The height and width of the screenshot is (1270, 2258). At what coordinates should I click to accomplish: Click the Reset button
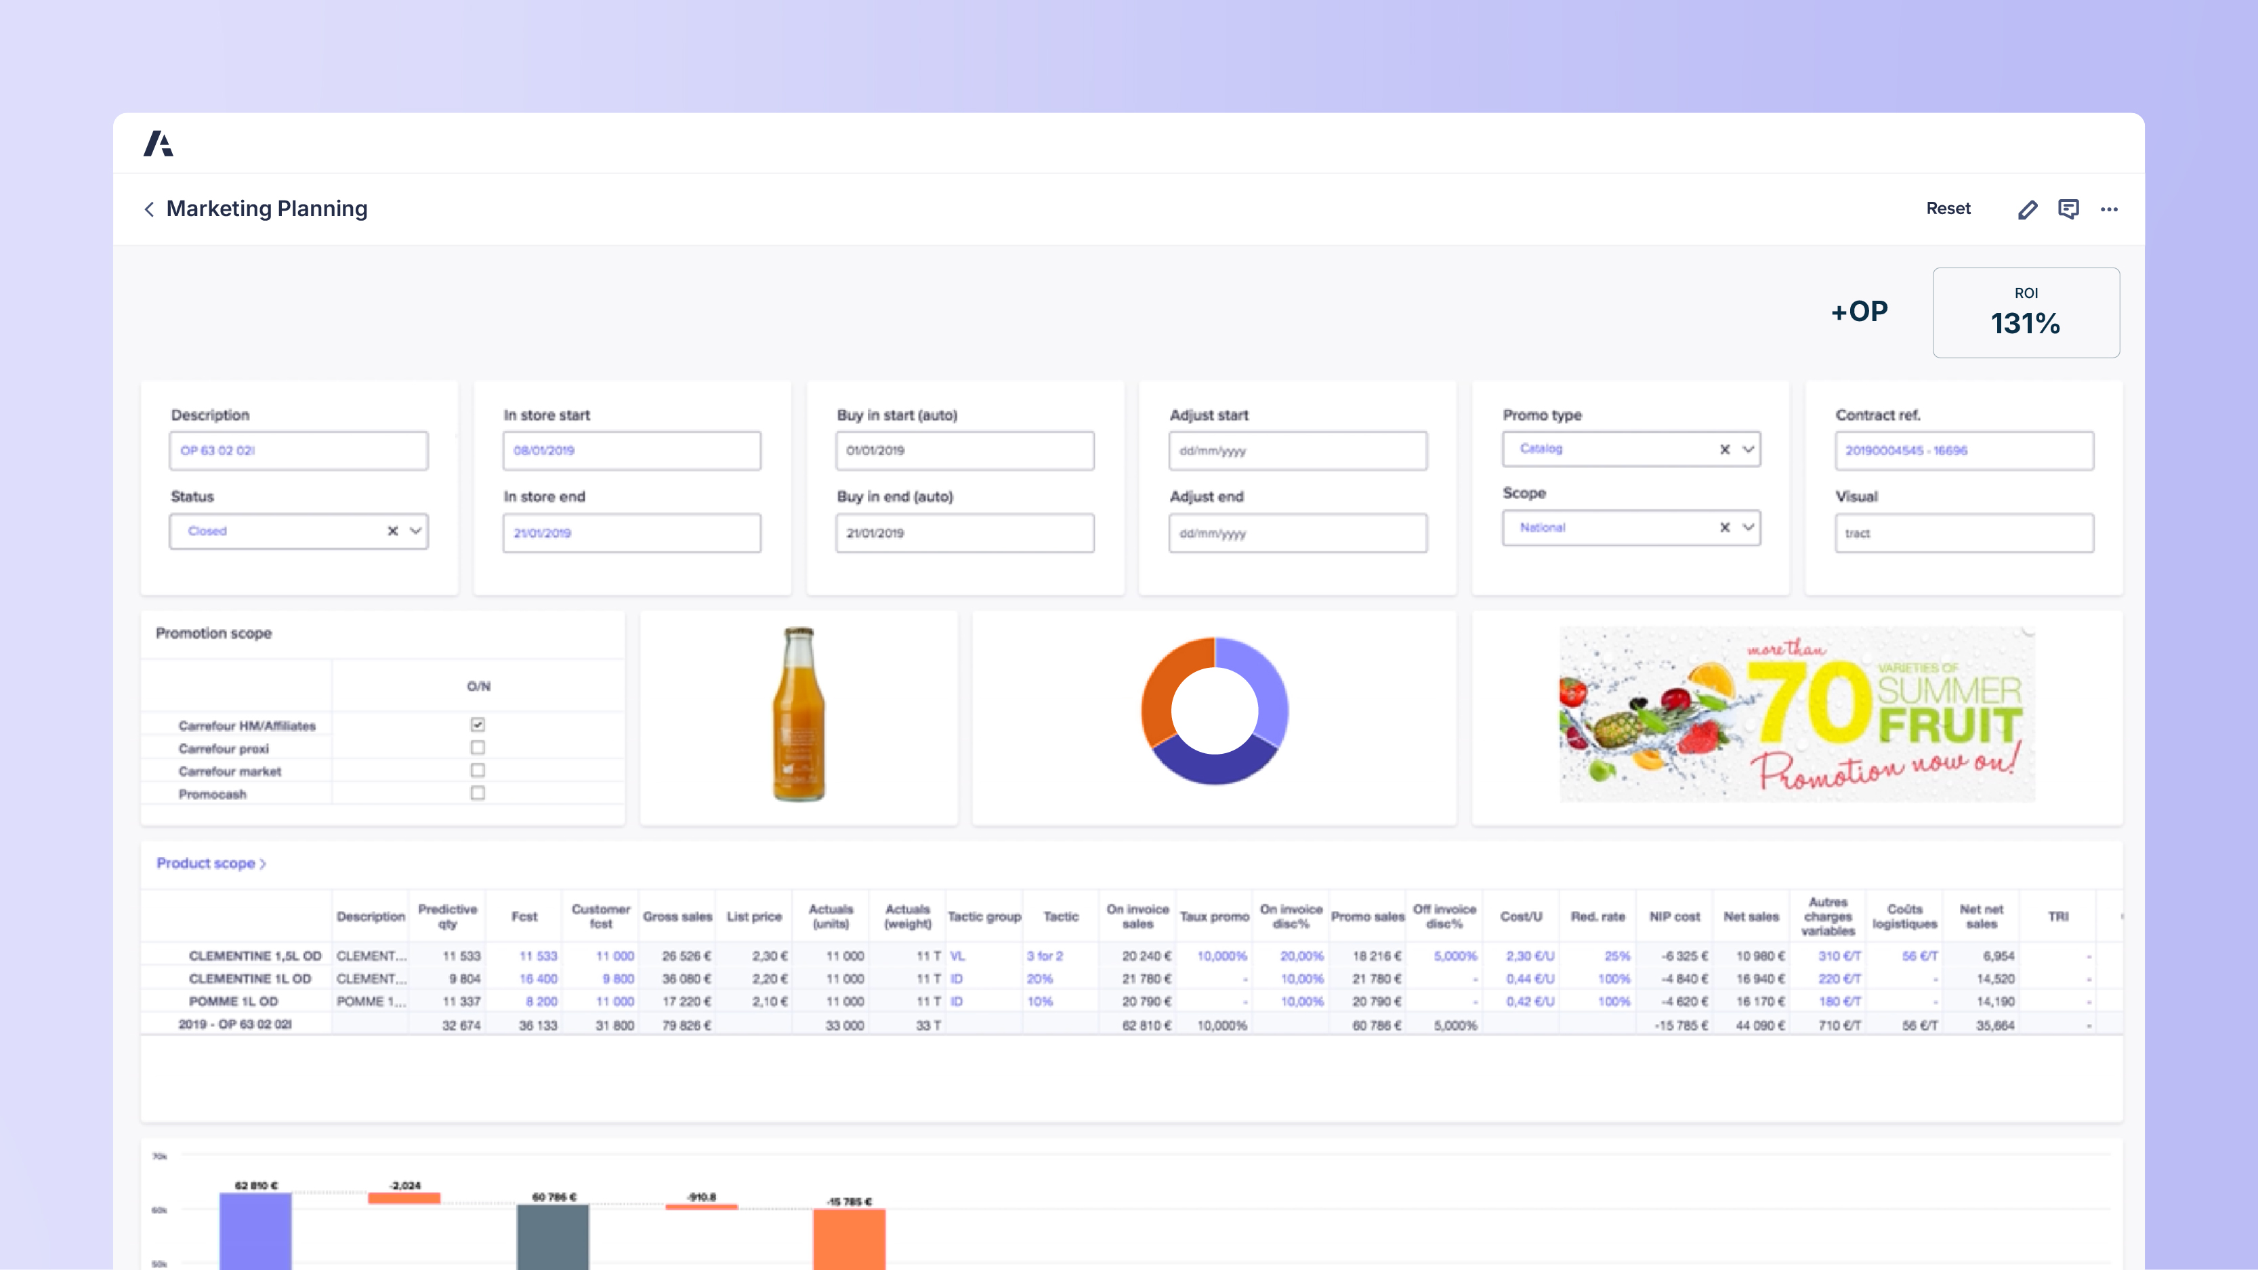click(1948, 209)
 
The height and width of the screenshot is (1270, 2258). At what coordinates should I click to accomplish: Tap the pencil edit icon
click(2026, 209)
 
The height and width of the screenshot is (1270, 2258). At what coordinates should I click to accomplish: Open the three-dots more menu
click(2109, 209)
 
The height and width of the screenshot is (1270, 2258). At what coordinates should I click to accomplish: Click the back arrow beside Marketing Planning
click(149, 209)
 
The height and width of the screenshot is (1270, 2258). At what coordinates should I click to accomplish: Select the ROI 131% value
click(2025, 323)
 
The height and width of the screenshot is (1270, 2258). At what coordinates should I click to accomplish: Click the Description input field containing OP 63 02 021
click(298, 450)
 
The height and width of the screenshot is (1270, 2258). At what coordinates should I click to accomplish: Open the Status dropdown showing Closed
click(415, 531)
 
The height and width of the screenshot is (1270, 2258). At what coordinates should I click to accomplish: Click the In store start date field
click(631, 450)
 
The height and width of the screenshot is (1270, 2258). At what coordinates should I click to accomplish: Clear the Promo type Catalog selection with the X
click(1724, 449)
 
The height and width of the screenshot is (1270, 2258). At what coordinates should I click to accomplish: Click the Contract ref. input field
click(1963, 450)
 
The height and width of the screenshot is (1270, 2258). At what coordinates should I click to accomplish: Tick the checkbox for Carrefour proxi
click(478, 748)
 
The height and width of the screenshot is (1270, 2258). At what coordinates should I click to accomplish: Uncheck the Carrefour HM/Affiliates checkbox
click(478, 725)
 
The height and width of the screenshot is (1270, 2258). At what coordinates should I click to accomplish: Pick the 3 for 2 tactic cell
click(1045, 956)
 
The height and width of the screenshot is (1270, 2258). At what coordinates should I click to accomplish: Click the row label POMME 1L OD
click(233, 1002)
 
